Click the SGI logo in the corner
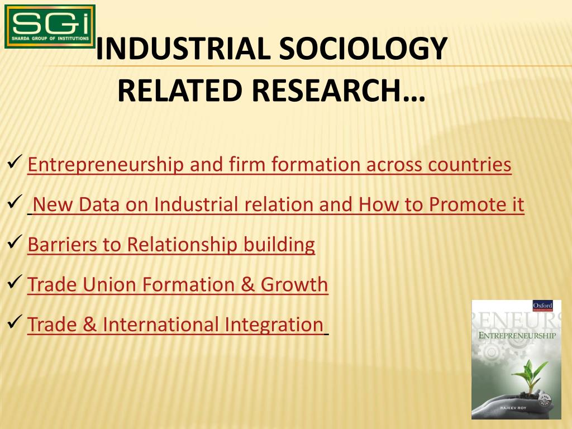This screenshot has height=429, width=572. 50,26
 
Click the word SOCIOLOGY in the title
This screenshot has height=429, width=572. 364,49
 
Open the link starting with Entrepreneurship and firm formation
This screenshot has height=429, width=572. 269,165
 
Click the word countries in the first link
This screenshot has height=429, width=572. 470,165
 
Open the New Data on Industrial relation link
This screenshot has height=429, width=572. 278,205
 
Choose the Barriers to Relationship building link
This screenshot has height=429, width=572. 171,245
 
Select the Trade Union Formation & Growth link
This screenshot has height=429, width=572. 178,285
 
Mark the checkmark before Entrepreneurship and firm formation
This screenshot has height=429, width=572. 15,163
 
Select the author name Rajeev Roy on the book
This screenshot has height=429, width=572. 516,410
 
